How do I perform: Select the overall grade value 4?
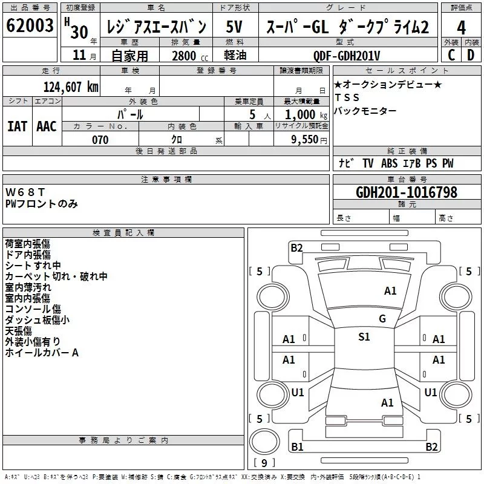click(462, 28)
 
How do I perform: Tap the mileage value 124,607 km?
click(71, 87)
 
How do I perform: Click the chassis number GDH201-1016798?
click(407, 192)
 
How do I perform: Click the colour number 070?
click(100, 140)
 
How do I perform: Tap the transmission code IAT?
click(17, 126)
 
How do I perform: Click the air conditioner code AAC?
click(47, 126)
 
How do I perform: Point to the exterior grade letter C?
click(451, 55)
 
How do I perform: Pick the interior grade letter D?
click(471, 55)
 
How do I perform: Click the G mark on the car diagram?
click(382, 319)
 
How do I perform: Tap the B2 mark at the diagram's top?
click(296, 247)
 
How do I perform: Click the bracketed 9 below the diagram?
click(264, 463)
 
